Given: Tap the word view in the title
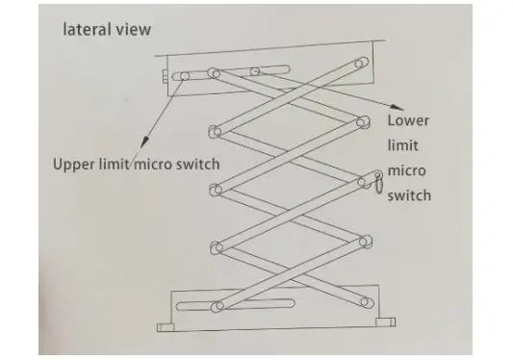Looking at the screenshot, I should point(132,29).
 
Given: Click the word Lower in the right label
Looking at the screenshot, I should point(407,122).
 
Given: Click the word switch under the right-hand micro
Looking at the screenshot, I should point(408,195).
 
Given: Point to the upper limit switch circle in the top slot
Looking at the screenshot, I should point(184,76).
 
